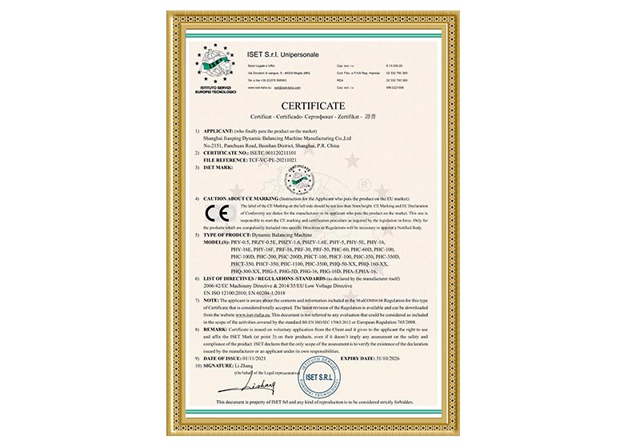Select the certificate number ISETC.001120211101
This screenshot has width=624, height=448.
point(269,154)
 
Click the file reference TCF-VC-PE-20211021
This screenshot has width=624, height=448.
point(266,160)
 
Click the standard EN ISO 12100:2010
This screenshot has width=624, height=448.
point(230,293)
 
